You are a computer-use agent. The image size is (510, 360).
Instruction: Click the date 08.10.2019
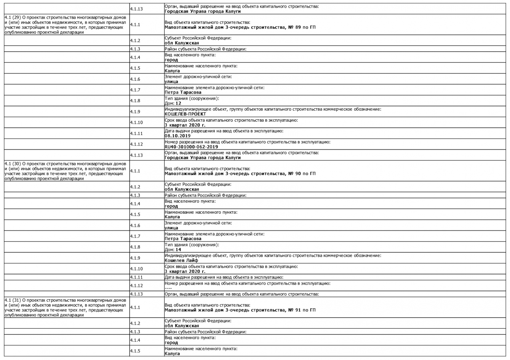click(x=177, y=136)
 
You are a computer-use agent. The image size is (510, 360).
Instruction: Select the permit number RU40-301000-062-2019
click(x=191, y=147)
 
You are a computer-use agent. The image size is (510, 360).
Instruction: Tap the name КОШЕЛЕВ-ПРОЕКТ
click(x=185, y=114)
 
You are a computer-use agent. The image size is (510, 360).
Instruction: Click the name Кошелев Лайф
click(x=181, y=260)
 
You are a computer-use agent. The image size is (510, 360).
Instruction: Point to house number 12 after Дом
click(x=178, y=103)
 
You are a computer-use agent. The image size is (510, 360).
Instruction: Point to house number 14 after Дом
click(x=178, y=250)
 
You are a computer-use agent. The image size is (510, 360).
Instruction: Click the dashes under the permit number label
click(x=168, y=288)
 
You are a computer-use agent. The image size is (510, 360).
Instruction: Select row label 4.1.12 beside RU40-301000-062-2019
click(x=136, y=144)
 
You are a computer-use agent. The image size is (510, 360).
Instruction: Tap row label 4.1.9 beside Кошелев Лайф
click(x=135, y=258)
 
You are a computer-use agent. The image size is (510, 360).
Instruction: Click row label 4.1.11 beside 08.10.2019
click(x=136, y=133)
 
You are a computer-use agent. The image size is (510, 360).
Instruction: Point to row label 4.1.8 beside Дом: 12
click(x=135, y=101)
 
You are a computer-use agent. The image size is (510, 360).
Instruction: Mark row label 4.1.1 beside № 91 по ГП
click(x=135, y=307)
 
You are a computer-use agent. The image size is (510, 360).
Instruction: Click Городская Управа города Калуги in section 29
click(x=202, y=158)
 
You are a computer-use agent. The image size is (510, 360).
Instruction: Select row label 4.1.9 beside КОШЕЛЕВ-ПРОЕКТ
click(x=135, y=112)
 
